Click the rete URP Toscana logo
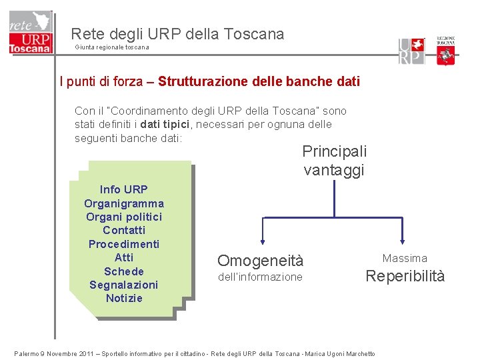pos(30,33)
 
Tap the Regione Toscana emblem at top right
pos(445,51)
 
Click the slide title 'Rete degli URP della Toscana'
pos(177,33)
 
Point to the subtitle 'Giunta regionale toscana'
pos(112,47)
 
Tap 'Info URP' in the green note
pos(124,189)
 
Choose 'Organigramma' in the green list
pos(124,203)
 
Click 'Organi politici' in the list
pos(124,217)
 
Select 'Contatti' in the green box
pos(124,230)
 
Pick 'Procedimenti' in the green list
pos(124,244)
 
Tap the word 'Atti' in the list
pos(124,257)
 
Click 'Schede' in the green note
pos(124,271)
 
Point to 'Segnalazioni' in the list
pos(124,285)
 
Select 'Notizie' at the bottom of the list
pos(124,298)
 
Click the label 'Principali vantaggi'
pos(334,161)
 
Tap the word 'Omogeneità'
pos(260,261)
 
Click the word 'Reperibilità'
pos(405,277)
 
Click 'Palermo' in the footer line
pos(27,354)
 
